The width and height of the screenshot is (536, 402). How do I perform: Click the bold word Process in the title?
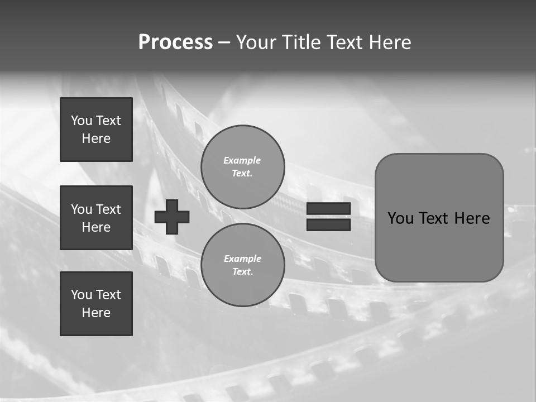[175, 42]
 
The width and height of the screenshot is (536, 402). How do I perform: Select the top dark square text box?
[96, 130]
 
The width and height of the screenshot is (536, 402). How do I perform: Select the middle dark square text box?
[96, 218]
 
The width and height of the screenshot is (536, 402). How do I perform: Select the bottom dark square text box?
[96, 304]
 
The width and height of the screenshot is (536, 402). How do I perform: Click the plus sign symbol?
[172, 217]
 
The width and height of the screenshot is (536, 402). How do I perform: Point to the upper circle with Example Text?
[243, 167]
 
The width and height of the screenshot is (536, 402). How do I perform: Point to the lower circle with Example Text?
[243, 265]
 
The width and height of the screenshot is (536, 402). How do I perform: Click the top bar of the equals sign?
[328, 209]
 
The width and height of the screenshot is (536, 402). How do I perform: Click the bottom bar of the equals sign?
[328, 224]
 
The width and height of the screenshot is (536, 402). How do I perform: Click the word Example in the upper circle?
[242, 160]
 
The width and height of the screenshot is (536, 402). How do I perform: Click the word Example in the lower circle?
[242, 259]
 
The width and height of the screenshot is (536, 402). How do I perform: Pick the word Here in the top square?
[96, 138]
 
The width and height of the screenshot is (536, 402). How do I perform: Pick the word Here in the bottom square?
[96, 313]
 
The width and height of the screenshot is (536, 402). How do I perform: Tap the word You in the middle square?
[82, 209]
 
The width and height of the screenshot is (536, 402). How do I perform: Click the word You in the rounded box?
[400, 218]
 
